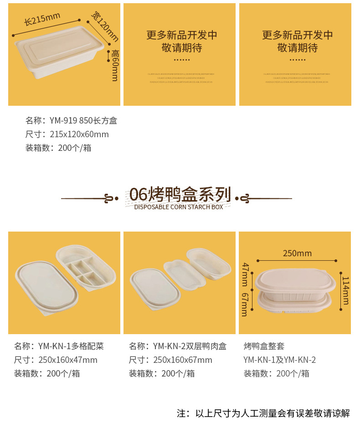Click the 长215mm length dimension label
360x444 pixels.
point(42,20)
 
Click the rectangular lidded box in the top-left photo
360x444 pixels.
point(58,53)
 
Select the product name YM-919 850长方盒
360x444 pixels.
point(71,121)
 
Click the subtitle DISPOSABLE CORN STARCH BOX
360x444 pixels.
point(179,207)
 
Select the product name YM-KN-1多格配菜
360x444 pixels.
point(59,346)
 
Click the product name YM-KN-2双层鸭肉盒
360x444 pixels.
point(177,346)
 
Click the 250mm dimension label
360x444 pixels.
point(297,253)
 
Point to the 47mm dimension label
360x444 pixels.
point(245,272)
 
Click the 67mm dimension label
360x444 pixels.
point(245,304)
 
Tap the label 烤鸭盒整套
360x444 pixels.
point(264,346)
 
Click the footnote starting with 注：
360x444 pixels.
point(263,414)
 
